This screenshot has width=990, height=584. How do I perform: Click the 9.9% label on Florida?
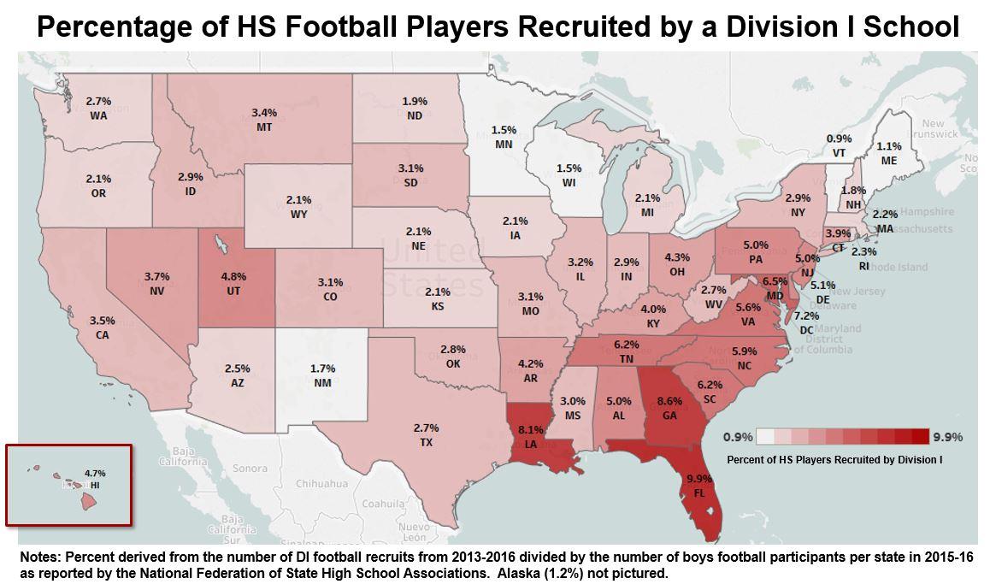coord(698,478)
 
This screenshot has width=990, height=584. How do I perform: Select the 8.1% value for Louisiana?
coord(530,430)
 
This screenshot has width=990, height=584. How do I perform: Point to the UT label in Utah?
coord(233,291)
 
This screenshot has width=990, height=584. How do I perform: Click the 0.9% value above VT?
coord(839,139)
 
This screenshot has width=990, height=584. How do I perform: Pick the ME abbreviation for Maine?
coord(889,160)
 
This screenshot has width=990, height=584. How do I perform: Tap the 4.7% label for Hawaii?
coord(96,473)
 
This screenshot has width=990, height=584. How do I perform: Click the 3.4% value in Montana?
coord(264,113)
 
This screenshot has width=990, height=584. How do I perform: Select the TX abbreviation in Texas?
coord(426,442)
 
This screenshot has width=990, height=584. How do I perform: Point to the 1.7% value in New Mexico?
coord(323,369)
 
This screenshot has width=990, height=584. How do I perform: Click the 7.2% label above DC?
coord(806,316)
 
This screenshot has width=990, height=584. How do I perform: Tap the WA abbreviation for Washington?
coord(98,115)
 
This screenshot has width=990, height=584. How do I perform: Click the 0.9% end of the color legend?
coord(738,437)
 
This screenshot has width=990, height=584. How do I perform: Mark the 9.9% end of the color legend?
coord(947,437)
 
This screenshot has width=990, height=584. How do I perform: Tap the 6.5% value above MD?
coord(775,281)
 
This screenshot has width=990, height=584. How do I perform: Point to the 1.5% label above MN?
coord(504,130)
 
